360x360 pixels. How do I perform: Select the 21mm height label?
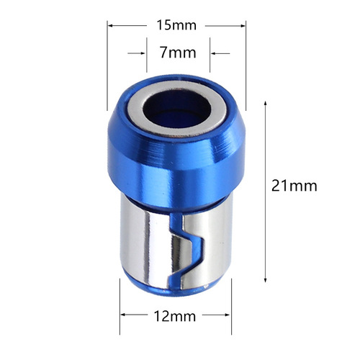point(294,185)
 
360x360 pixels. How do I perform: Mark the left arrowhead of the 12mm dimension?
point(123,315)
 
